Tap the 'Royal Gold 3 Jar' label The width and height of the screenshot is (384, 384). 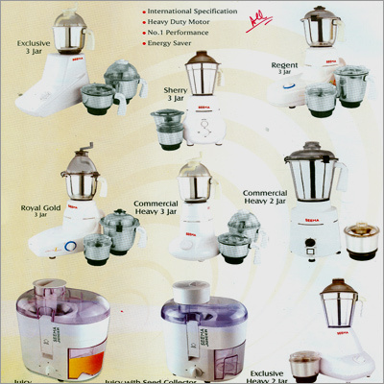coord(40,210)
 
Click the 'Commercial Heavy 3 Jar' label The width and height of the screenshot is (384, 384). coord(156,208)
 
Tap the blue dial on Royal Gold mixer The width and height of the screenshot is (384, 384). coord(70,245)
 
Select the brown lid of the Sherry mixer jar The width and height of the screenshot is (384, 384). coord(202,58)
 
